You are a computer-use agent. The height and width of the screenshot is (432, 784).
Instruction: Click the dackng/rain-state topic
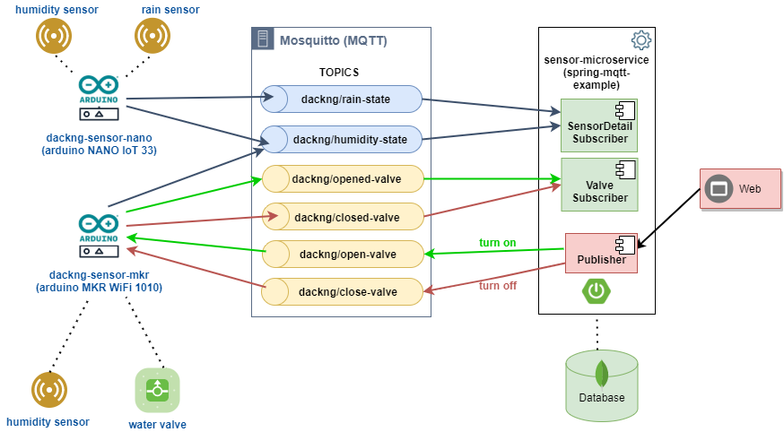click(341, 99)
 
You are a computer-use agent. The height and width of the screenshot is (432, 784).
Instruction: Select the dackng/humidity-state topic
click(341, 139)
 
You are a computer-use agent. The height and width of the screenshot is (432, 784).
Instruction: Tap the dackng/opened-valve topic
click(342, 179)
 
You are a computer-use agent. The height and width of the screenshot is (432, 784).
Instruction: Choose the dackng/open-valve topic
click(342, 255)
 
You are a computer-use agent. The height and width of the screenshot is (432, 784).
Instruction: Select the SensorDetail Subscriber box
click(599, 125)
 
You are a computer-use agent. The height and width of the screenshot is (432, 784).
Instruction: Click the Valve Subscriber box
click(599, 185)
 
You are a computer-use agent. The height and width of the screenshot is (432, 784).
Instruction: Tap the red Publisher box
click(601, 254)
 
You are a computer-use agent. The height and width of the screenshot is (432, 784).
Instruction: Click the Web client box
click(740, 189)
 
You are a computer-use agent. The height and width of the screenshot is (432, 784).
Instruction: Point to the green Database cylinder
click(602, 384)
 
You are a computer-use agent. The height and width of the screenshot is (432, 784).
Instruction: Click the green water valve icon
click(157, 390)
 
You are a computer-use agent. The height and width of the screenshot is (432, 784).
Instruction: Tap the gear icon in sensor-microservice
click(640, 40)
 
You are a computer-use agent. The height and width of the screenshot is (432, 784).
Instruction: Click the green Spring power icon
click(594, 291)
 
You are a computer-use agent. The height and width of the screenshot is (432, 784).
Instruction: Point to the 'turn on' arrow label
click(497, 242)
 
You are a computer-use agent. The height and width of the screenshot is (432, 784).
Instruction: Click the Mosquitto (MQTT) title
click(333, 40)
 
